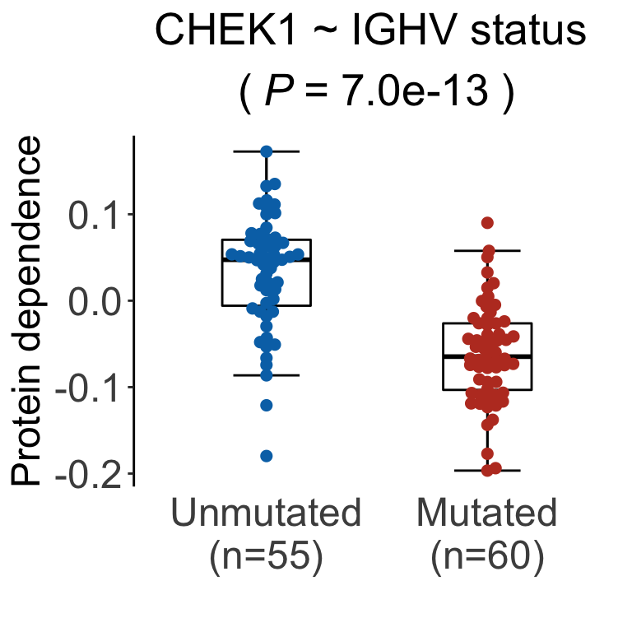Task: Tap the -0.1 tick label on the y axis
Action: click(88, 388)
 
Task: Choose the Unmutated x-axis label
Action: click(266, 513)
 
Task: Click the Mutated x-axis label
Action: click(486, 513)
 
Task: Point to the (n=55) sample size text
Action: click(266, 556)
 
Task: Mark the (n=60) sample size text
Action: click(486, 556)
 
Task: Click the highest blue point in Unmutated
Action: click(266, 151)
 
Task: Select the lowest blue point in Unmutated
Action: click(266, 456)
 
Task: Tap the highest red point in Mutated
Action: click(487, 223)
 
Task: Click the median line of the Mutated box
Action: click(487, 356)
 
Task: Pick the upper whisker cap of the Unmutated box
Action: click(266, 151)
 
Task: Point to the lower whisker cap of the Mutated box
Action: click(487, 471)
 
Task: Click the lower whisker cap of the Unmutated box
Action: click(266, 375)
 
